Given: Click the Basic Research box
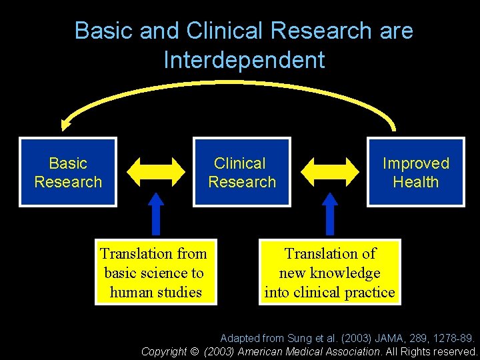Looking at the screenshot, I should [x=68, y=172].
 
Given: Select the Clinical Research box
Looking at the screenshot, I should [x=241, y=172].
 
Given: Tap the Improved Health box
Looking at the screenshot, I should [x=415, y=172].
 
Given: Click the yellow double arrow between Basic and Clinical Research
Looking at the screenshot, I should [x=155, y=171].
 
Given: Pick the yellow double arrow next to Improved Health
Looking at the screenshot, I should [x=329, y=171].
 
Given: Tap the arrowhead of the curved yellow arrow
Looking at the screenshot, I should [x=65, y=124].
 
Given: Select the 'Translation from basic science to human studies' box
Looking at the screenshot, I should [x=155, y=272].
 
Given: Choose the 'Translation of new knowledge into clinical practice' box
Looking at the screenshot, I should [x=330, y=272].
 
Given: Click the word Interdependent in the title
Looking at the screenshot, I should [x=244, y=60].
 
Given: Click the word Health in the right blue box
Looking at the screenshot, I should [x=416, y=182].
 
